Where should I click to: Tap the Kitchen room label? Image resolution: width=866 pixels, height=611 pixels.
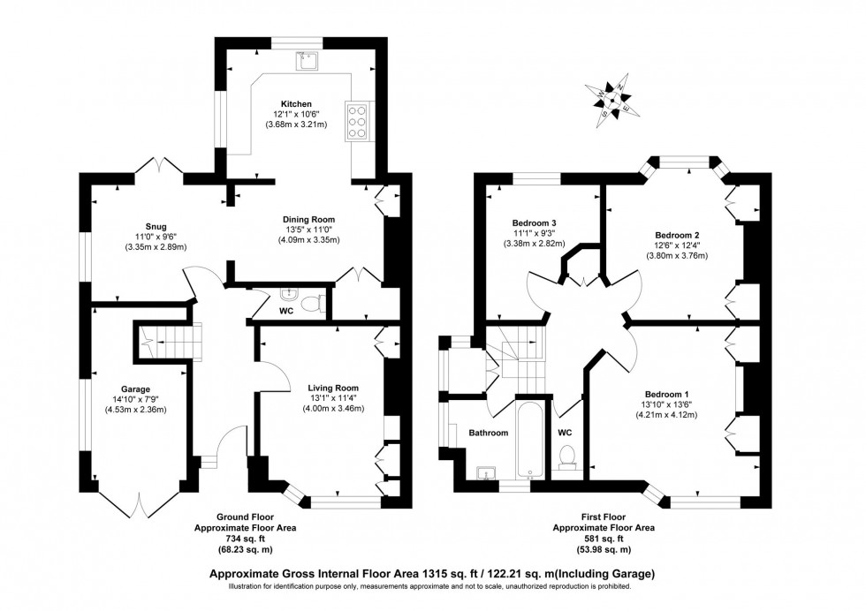click(297, 103)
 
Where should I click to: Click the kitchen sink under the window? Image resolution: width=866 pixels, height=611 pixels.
click(308, 59)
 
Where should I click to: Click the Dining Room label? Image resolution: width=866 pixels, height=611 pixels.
click(308, 219)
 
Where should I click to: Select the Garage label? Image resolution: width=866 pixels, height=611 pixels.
click(137, 388)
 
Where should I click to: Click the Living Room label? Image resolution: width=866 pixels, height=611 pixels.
click(333, 388)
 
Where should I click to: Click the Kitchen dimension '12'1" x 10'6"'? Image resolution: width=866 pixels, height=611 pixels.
click(297, 114)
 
